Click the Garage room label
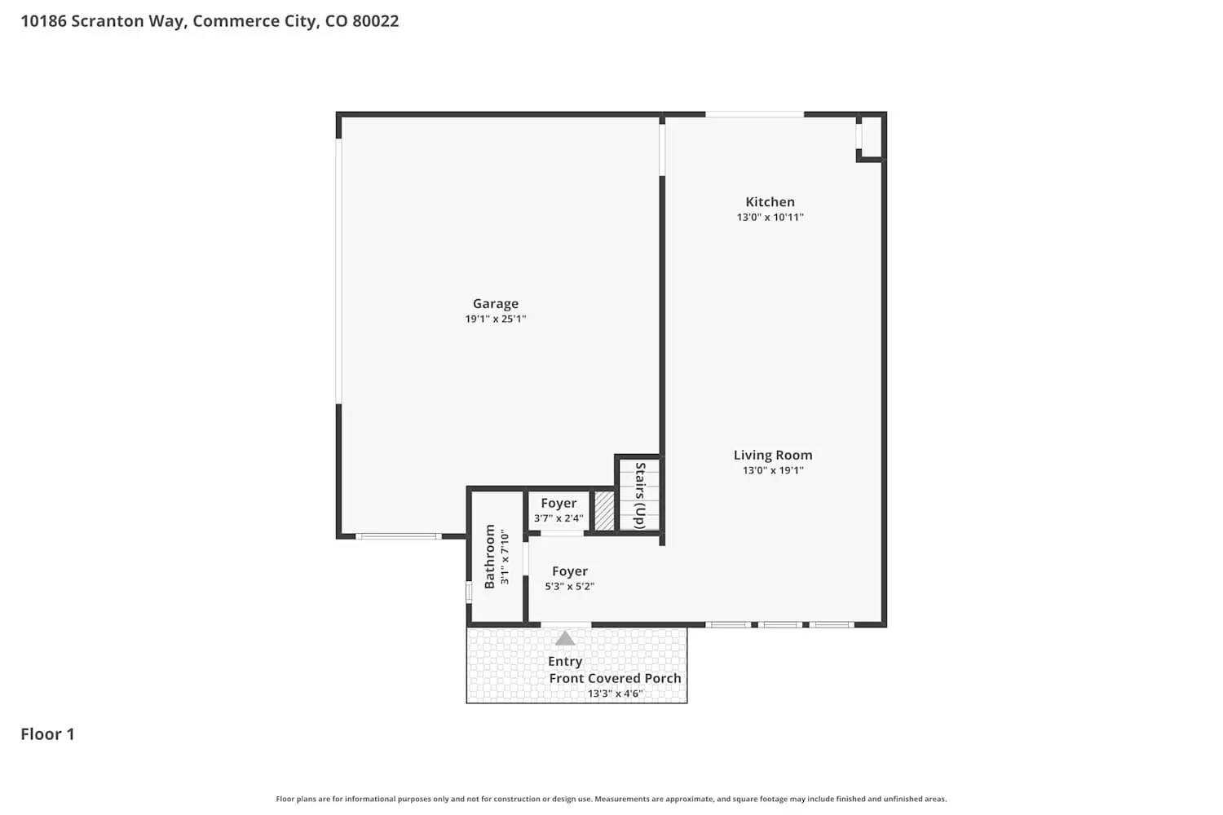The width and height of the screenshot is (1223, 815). [x=496, y=303]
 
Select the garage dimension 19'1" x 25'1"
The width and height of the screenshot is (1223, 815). [x=496, y=319]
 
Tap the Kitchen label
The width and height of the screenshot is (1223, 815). [x=770, y=201]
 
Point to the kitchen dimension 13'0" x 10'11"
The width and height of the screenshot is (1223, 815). [x=770, y=218]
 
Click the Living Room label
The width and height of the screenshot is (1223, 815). [x=773, y=455]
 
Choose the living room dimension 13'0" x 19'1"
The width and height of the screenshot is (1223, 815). [x=773, y=470]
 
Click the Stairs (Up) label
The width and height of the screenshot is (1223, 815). [x=641, y=496]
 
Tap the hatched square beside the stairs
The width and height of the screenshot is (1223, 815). [x=604, y=511]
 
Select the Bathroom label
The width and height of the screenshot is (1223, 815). [x=489, y=556]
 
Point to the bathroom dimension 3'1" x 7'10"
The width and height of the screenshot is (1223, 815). [x=505, y=557]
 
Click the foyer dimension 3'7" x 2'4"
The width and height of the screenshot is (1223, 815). [x=559, y=518]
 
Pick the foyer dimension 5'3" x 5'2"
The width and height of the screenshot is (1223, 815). [x=569, y=586]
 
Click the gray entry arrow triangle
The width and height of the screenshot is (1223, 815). [x=565, y=638]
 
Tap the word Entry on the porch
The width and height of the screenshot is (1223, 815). [x=565, y=661]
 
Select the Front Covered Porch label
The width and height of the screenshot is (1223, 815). [x=615, y=678]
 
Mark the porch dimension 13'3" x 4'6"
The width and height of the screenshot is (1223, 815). [x=615, y=694]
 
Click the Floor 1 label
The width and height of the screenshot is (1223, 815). [x=47, y=733]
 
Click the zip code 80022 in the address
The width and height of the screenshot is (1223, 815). [x=375, y=21]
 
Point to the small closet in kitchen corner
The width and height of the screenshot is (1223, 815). [x=871, y=137]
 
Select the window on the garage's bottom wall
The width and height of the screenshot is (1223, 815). [x=398, y=536]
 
